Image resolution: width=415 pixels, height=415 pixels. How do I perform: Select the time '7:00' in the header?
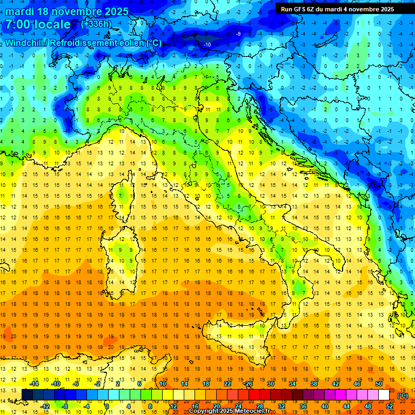coord(18,24)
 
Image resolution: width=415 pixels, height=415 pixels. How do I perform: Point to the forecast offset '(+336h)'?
coord(96,24)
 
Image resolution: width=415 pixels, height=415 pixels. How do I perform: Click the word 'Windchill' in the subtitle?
coord(24,43)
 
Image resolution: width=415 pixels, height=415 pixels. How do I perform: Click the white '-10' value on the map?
coord(207,44)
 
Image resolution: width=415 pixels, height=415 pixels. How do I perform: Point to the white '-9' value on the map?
coord(239,34)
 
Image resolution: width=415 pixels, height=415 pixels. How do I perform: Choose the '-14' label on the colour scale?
coord(35,383)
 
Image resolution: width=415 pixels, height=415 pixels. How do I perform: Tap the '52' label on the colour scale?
coord(390,406)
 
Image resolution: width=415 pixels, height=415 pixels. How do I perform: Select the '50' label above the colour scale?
coord(378,383)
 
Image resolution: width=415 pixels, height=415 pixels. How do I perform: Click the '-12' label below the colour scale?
coord(45,406)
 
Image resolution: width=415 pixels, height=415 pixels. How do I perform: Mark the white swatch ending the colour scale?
coord(384,394)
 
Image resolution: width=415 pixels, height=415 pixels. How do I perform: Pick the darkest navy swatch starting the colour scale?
coord(27,394)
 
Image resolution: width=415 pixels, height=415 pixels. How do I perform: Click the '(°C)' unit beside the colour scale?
coord(403,395)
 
